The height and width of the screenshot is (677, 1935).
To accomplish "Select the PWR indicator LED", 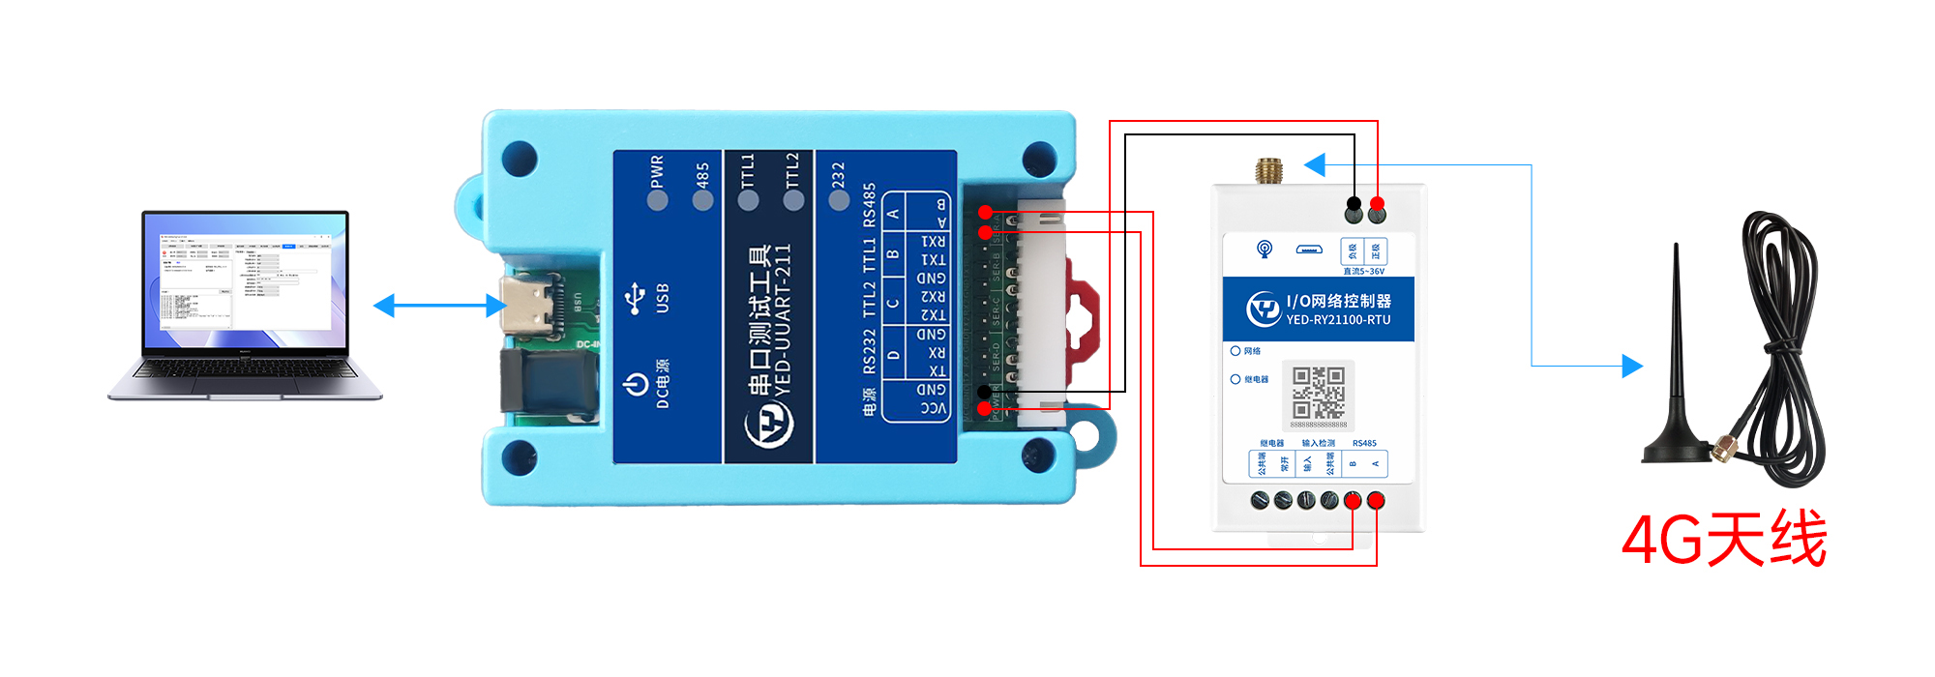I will (658, 200).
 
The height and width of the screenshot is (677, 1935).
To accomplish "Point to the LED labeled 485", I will (703, 200).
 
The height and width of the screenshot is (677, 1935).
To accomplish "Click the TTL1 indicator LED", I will (748, 200).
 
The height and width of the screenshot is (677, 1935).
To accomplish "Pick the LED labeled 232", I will (839, 200).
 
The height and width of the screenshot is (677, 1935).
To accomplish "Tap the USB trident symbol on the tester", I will (635, 299).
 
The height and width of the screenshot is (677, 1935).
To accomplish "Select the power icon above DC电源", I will (636, 384).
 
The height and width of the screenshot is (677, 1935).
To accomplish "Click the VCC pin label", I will (933, 408).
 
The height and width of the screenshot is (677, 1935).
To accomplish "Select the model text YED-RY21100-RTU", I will (1338, 320).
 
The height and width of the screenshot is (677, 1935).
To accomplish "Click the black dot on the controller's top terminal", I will (1354, 204).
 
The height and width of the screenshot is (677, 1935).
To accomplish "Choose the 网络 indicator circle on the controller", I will (1235, 351).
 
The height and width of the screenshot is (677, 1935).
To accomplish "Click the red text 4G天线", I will (1723, 540).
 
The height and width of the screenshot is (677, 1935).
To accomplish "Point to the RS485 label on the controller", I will (1364, 443).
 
